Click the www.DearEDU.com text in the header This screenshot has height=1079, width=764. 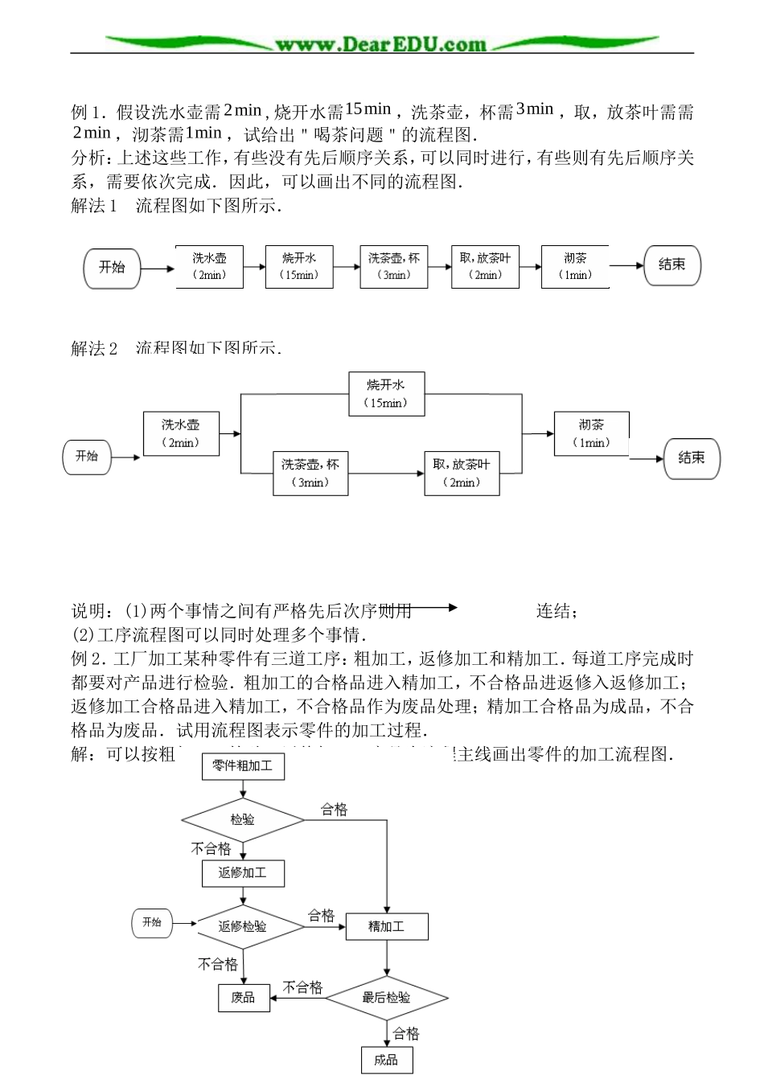click(x=380, y=44)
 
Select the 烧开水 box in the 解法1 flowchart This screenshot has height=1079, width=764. click(x=299, y=266)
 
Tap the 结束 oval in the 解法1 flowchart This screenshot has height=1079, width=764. click(x=672, y=265)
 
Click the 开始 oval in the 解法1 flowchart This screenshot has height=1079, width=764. click(x=112, y=267)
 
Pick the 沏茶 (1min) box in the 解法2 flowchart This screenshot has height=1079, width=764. click(x=591, y=433)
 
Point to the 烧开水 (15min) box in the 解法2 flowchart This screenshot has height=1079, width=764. click(x=386, y=394)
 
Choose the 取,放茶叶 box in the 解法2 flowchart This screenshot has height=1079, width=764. click(x=462, y=473)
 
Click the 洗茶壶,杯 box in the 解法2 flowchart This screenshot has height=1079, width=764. click(x=310, y=473)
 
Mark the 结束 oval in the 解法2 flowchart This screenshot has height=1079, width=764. click(x=692, y=458)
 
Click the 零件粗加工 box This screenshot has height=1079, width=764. click(x=242, y=766)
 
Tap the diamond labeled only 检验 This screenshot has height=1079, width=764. click(x=242, y=820)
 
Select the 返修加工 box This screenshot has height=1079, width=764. click(x=242, y=873)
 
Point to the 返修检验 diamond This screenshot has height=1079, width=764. click(x=242, y=926)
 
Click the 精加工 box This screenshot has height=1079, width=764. click(x=387, y=926)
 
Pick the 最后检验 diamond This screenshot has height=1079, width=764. click(x=387, y=998)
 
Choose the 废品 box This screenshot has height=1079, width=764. click(x=243, y=998)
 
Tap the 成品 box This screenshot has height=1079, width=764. click(x=387, y=1060)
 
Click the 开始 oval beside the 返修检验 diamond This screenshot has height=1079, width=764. click(x=152, y=923)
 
